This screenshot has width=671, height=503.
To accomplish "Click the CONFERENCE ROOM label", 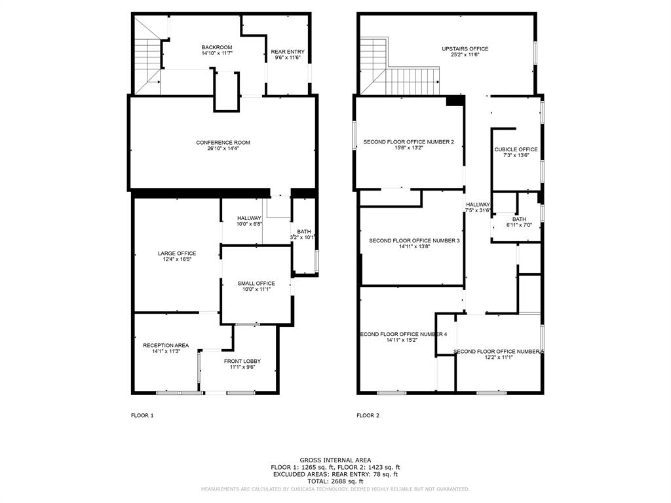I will click(223, 143).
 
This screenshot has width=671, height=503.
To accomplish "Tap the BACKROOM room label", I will click(216, 47).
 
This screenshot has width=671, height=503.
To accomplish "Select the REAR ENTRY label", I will click(287, 52).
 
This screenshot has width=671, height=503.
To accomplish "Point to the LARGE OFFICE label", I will click(177, 253).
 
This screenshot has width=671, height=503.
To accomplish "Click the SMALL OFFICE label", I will click(256, 284).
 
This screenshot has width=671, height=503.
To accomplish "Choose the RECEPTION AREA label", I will click(166, 345).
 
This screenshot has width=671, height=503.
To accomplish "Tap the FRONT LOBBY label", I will click(242, 361).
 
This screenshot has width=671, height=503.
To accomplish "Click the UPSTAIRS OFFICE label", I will click(465, 49).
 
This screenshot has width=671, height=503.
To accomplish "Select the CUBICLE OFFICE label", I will click(516, 149).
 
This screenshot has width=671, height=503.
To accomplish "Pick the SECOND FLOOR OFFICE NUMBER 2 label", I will click(409, 142).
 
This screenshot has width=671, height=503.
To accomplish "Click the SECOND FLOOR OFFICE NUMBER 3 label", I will click(414, 241).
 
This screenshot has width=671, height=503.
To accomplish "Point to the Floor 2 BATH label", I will click(519, 219).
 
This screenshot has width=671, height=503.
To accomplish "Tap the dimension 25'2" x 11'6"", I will click(465, 55).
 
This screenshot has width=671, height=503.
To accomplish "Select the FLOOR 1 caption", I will click(142, 415).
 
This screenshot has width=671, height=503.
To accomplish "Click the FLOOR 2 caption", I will click(368, 415).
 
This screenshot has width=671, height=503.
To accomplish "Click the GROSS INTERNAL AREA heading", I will click(335, 460).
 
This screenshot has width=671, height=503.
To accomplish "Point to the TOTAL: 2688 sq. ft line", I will click(335, 481).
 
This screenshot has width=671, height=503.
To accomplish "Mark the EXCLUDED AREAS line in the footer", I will click(335, 474).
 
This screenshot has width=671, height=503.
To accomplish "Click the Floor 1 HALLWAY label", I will click(249, 218).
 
